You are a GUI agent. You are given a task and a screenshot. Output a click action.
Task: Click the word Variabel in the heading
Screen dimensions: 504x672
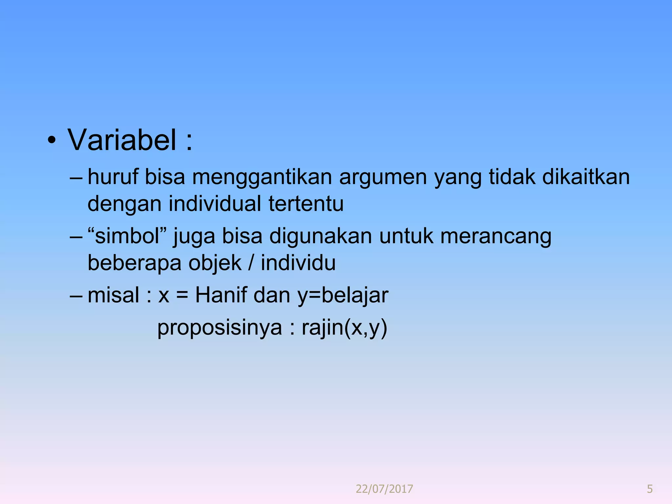[x=122, y=140]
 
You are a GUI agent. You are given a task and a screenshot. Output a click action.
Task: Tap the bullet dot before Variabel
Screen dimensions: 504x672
[x=52, y=141]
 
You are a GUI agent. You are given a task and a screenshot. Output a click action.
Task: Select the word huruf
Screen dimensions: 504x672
[x=113, y=177]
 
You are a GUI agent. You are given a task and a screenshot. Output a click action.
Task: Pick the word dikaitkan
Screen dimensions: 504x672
[x=586, y=177]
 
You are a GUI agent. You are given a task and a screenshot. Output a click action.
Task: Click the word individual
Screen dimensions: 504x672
[x=215, y=204]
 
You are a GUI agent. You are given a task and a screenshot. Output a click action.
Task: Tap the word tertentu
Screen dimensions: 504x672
[x=306, y=204]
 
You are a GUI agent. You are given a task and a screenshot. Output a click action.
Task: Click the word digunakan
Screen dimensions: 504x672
[x=321, y=237]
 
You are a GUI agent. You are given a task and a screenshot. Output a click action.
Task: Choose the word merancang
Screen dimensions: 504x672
[x=496, y=237]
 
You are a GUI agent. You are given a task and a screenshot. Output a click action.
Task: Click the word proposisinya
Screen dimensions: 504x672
[x=220, y=328]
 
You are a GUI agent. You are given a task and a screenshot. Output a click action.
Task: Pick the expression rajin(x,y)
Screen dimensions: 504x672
[x=345, y=328]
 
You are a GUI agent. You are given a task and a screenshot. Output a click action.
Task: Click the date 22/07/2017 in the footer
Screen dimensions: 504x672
[x=384, y=489]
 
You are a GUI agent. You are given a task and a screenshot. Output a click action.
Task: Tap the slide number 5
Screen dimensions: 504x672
[x=650, y=489]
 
